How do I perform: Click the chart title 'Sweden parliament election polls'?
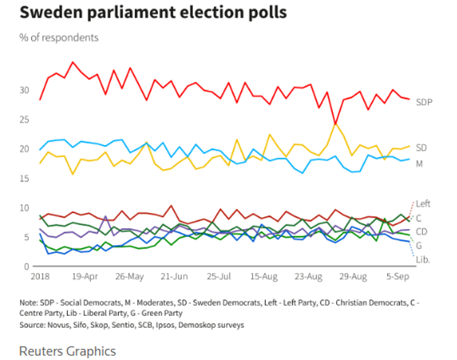153,13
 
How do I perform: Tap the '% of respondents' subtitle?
59,38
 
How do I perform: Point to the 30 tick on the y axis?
25,90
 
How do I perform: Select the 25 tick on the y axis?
25,120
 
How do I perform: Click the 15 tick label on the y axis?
25,178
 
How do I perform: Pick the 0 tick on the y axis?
26,267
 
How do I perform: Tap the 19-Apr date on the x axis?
85,277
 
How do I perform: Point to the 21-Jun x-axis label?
175,277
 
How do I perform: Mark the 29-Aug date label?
354,277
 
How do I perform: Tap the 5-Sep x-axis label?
397,277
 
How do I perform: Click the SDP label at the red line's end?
424,102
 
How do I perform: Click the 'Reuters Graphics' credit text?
68,350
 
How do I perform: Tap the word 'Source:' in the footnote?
35,325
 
